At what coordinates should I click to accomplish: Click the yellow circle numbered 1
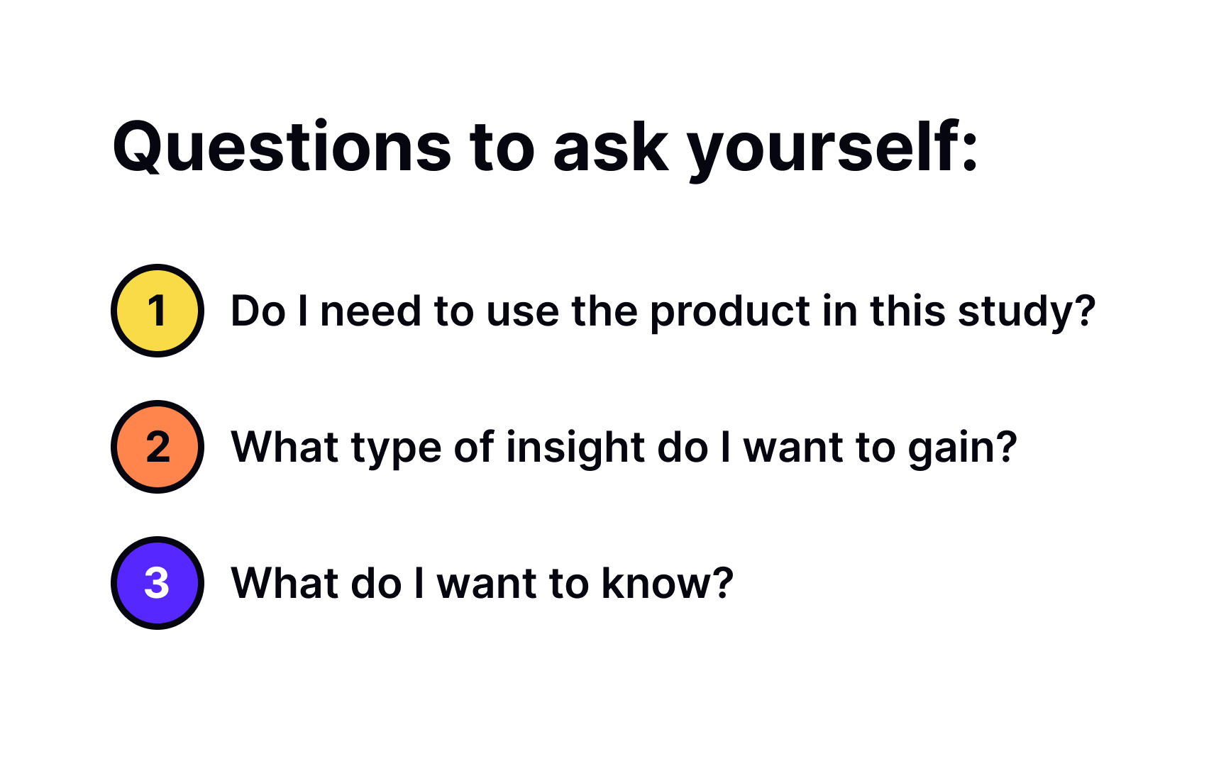[x=158, y=311]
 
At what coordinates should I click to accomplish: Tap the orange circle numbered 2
[x=158, y=447]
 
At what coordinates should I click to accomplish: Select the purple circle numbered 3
[x=158, y=583]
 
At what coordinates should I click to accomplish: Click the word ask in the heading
[x=611, y=148]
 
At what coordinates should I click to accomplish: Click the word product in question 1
[x=729, y=312]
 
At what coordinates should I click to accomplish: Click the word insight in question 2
[x=575, y=448]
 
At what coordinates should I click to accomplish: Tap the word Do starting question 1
[x=258, y=312]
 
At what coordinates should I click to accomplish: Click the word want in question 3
[x=486, y=585]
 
